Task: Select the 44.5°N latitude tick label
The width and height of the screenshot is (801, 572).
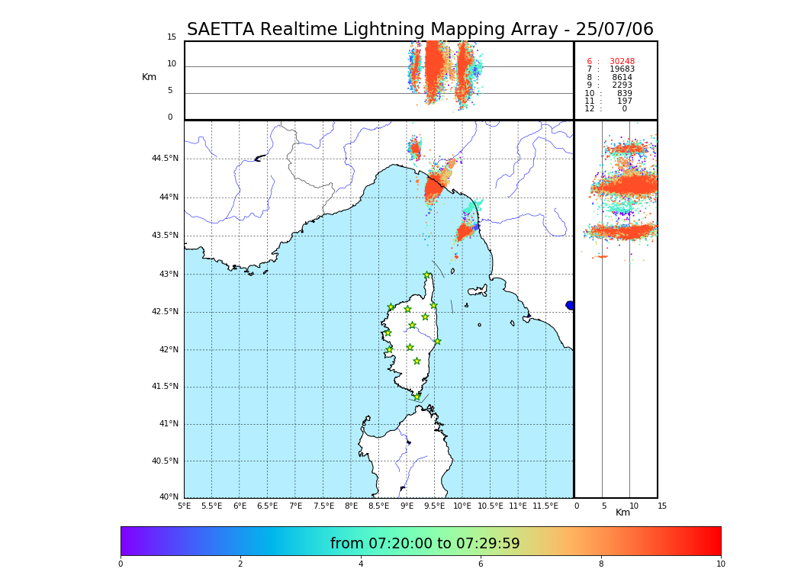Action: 165,159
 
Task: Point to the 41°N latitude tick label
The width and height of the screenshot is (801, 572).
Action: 169,424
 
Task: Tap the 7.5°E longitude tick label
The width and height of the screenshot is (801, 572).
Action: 323,506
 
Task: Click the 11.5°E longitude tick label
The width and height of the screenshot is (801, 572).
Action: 545,506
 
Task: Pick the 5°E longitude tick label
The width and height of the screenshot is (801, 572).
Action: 184,506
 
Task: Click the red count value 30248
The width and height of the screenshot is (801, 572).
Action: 622,62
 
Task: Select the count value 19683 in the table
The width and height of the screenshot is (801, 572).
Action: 622,69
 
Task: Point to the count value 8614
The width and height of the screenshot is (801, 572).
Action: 622,78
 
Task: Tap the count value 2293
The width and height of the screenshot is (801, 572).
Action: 622,85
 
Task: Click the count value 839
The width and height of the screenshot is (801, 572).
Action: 624,94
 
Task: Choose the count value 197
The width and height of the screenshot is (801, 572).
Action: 625,101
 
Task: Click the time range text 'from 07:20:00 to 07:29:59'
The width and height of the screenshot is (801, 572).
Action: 425,544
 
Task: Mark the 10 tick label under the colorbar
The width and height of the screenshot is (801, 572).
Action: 720,564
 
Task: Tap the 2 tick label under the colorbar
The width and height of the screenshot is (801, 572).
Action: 240,564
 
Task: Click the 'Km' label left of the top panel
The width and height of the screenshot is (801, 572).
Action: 149,77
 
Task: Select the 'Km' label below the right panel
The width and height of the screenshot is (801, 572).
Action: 622,513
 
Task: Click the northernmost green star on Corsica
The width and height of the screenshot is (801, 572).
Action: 427,275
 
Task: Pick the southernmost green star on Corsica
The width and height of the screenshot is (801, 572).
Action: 417,397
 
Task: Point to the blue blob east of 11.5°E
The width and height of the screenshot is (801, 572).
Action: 570,305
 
